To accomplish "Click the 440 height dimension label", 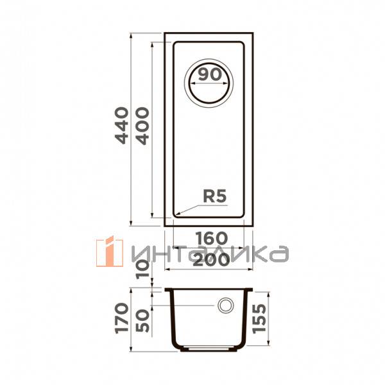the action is click(122, 125).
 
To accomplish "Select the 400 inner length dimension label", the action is click(142, 126).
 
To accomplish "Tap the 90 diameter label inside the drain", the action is click(210, 74).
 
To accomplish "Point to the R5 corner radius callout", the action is click(214, 196).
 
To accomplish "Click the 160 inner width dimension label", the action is click(211, 238).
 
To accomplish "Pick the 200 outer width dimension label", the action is click(211, 261).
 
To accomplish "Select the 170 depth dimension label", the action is click(122, 318).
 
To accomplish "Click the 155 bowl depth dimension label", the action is click(259, 319).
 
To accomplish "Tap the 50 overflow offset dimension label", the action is click(142, 321).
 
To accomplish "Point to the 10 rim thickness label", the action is click(142, 269).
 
